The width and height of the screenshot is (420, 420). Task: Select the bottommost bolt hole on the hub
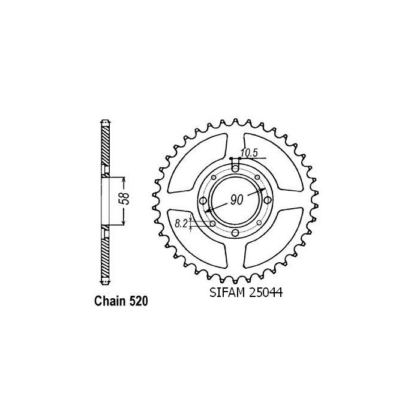235,233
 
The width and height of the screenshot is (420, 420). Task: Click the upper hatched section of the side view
106,144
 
